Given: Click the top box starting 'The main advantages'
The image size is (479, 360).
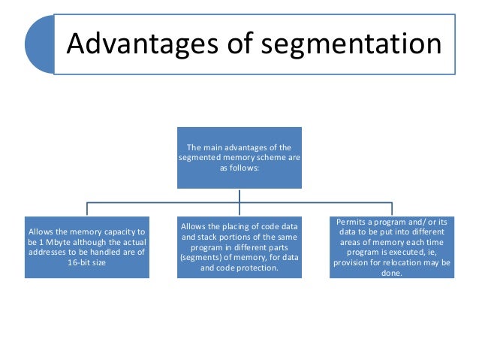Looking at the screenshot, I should (239, 157).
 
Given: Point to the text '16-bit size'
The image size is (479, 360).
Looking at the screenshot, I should (87, 265).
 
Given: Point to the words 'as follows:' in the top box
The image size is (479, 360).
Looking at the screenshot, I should (239, 168).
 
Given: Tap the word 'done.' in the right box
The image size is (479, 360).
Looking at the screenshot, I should (392, 274).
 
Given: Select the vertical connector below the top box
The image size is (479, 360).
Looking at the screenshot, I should (239, 195).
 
